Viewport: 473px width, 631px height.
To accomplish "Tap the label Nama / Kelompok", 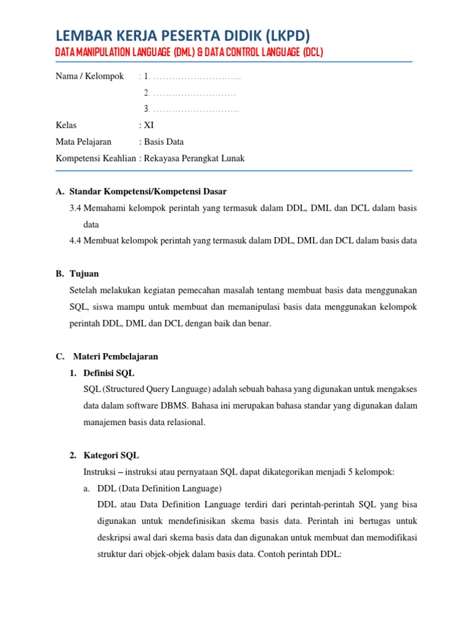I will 90,76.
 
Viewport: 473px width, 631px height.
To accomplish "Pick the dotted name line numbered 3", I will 192,109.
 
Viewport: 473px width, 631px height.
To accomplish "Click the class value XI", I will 148,125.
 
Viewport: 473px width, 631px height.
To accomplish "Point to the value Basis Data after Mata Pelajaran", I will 163,142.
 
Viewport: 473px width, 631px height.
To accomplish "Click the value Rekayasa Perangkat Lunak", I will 194,158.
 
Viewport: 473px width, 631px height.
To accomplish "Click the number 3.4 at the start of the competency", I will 76,208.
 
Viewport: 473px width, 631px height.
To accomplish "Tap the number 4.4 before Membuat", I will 76,241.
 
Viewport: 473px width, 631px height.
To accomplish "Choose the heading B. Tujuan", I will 77,274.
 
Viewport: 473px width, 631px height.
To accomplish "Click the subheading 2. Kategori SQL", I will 104,455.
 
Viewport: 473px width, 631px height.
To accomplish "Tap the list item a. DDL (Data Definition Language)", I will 153,488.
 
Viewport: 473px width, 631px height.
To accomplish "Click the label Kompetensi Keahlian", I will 96,158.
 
